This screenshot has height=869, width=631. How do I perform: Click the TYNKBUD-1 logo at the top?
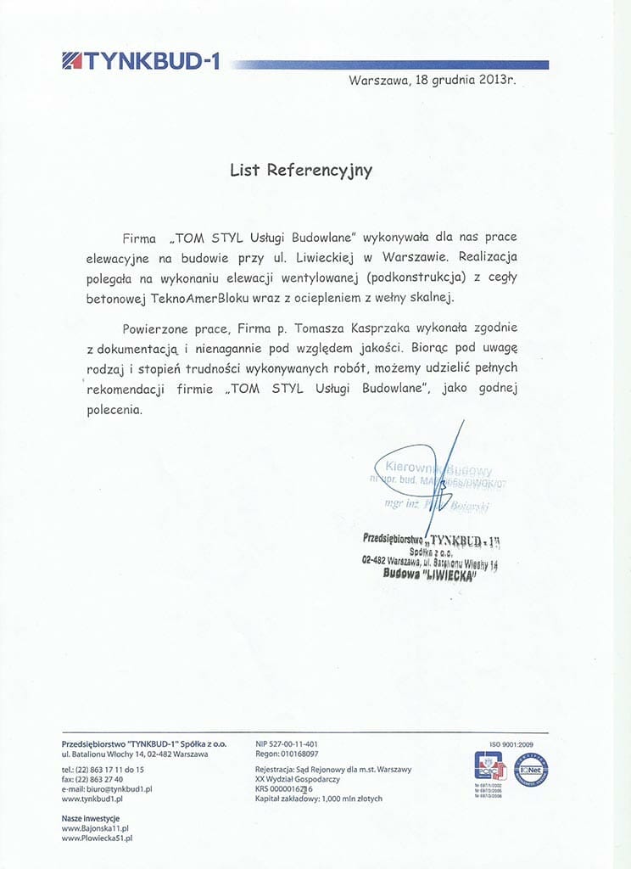click(140, 61)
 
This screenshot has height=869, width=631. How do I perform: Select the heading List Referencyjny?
click(301, 170)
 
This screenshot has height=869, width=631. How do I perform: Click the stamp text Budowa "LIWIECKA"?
click(430, 575)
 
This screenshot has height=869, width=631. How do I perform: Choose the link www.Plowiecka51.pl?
click(97, 838)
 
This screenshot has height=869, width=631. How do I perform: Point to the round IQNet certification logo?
click(532, 769)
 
